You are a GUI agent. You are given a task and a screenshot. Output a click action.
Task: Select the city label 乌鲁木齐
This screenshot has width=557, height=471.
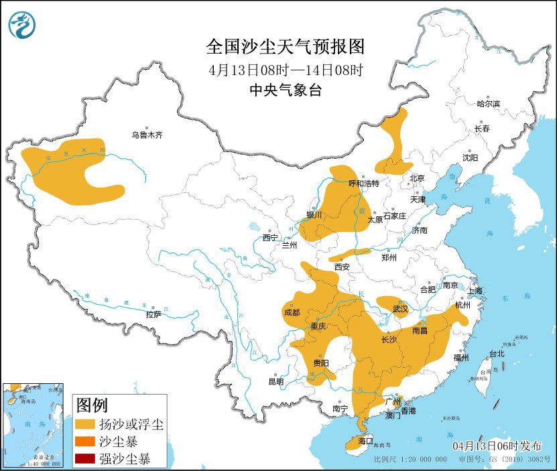[147, 135]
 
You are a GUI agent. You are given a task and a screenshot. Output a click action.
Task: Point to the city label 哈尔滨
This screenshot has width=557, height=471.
[488, 104]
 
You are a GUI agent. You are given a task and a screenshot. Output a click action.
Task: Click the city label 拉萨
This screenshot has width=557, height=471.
[153, 314]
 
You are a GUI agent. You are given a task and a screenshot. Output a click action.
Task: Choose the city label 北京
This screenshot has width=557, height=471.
[417, 178]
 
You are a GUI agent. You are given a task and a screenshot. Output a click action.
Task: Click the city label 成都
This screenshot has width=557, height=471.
[292, 312]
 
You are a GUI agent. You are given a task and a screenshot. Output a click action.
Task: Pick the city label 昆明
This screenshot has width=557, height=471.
[275, 381]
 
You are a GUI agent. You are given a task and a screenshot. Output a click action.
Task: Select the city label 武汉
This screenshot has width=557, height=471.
[400, 309]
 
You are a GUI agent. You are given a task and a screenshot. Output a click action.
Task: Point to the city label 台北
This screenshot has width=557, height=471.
[496, 354]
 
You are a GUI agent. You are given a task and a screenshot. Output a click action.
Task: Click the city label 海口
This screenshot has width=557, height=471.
[365, 442]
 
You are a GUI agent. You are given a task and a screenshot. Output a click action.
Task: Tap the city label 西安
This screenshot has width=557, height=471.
[342, 266]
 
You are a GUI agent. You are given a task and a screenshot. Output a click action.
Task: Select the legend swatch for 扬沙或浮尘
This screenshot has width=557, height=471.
[85, 425]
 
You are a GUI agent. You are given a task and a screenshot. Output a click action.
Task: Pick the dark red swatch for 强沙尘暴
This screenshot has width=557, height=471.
[85, 459]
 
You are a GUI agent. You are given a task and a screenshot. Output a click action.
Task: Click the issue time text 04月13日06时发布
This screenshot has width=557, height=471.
[495, 446]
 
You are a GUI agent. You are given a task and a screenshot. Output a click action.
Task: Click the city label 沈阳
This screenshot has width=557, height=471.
[470, 157]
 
